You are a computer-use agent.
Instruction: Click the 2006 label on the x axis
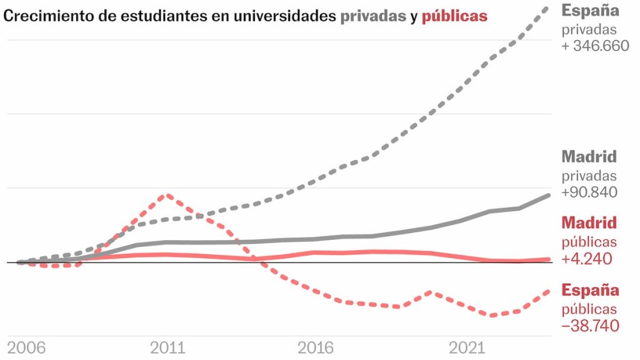(26, 348)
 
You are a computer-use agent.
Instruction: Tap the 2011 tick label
(167, 348)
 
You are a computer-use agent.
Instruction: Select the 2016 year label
(316, 348)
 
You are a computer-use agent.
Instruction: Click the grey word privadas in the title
(373, 16)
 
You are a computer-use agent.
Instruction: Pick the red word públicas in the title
(454, 16)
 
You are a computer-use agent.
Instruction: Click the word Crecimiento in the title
(43, 16)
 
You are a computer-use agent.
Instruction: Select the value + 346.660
(596, 46)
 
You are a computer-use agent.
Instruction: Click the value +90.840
(589, 192)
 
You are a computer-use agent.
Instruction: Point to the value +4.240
(587, 259)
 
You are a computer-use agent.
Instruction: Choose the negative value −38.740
(591, 326)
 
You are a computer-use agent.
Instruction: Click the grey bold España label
(591, 11)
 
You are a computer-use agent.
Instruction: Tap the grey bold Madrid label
(589, 157)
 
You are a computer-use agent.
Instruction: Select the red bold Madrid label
(589, 223)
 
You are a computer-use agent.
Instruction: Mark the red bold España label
(591, 291)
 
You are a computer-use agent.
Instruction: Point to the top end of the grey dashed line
(549, 7)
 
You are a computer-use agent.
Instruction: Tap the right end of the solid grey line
(549, 196)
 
